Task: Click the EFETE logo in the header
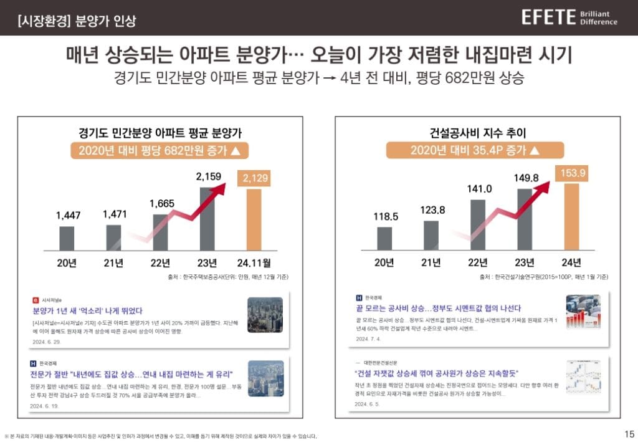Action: [548, 17]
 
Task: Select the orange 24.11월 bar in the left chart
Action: [254, 218]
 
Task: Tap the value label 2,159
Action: [209, 178]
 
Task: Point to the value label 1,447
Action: [68, 216]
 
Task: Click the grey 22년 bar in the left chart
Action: [160, 232]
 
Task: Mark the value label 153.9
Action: [571, 173]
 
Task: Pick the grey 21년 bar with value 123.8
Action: [431, 235]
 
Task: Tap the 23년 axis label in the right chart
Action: [525, 262]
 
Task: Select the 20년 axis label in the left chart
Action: [67, 262]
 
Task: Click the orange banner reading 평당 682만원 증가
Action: [159, 151]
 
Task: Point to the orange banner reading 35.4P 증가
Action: [475, 151]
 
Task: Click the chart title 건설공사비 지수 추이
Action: [474, 132]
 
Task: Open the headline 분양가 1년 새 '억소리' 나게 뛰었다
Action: [88, 310]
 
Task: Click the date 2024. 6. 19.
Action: [45, 405]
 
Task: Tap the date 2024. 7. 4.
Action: [369, 339]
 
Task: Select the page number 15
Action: [629, 434]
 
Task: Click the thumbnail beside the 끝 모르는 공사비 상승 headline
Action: [583, 312]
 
